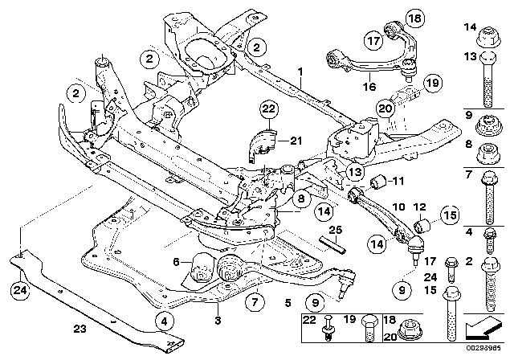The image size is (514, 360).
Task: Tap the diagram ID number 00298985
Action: [490, 352]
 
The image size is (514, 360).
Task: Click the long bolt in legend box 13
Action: [487, 84]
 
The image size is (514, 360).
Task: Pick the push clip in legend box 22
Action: [331, 330]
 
